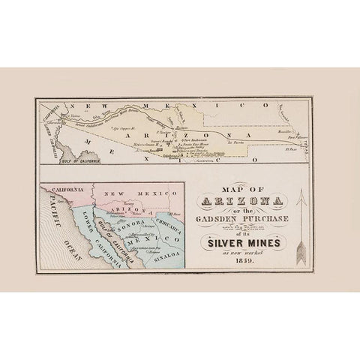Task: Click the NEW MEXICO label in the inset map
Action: click(x=139, y=194)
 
